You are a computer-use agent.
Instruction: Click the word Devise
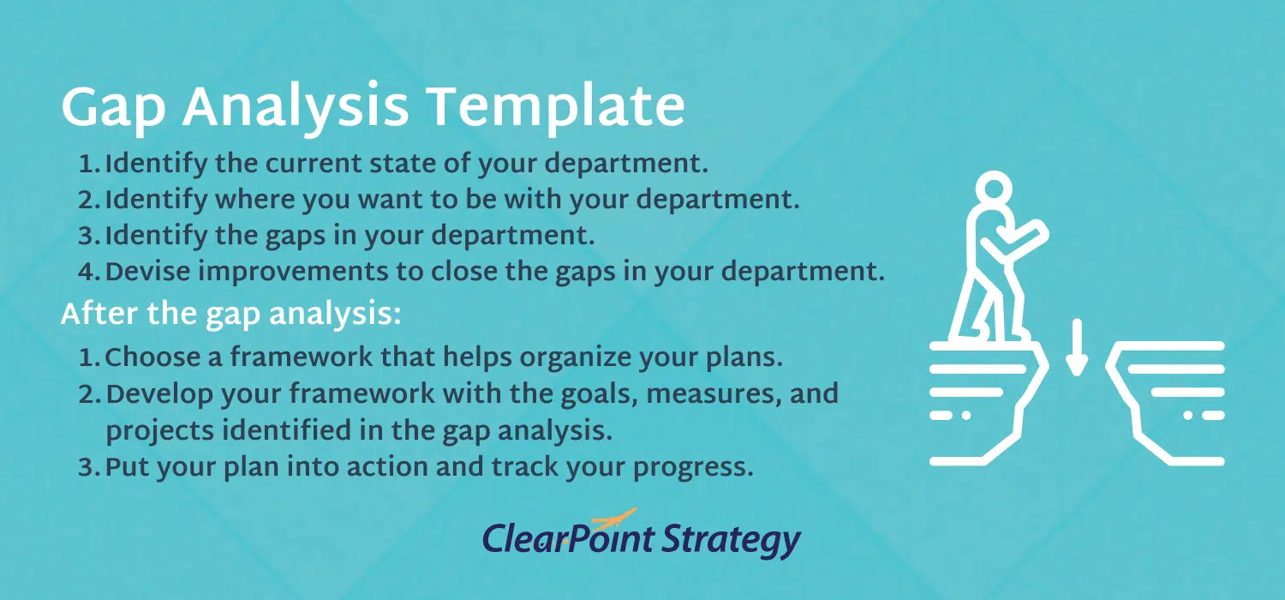tap(147, 271)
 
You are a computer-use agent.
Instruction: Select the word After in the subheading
tap(99, 314)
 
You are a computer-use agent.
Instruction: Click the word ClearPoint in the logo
tap(568, 537)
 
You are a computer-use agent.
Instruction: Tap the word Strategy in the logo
tap(732, 540)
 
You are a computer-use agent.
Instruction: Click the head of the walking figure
tap(994, 189)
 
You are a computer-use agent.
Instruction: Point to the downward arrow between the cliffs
tap(1077, 347)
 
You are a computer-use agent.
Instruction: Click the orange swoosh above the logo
tap(614, 519)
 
